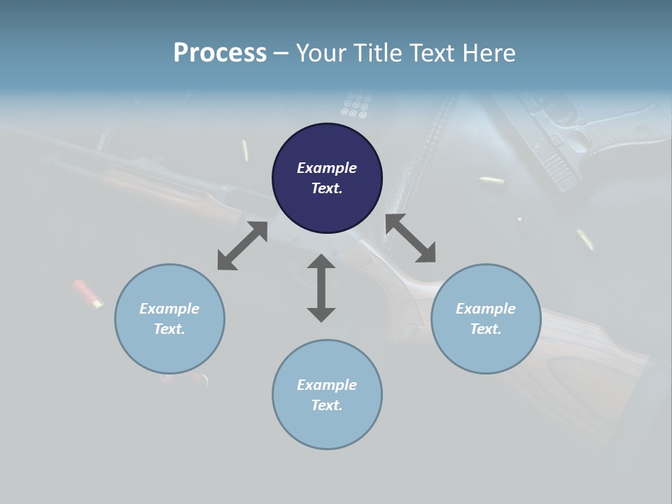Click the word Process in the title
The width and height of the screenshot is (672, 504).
tap(220, 53)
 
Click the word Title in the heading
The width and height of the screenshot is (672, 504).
tap(379, 53)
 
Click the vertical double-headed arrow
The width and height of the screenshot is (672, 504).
tap(321, 288)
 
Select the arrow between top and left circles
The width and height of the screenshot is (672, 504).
tap(242, 246)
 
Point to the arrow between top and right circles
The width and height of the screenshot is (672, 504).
tap(411, 239)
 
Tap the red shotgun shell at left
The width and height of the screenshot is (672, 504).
tap(87, 295)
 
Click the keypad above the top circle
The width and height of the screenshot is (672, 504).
tap(355, 105)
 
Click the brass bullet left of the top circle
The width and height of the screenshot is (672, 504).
tap(245, 150)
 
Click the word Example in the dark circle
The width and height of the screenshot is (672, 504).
tap(327, 168)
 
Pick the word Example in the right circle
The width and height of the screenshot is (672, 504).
tap(486, 309)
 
